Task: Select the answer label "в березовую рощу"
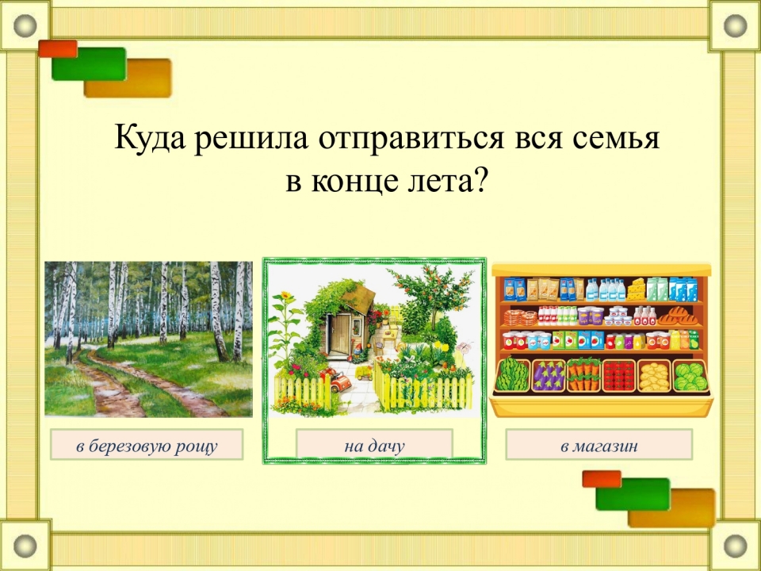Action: (x=147, y=445)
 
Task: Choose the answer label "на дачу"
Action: (x=374, y=445)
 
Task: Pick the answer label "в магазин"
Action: (x=599, y=445)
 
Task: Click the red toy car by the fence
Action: (x=340, y=380)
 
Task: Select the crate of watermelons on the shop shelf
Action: (x=513, y=375)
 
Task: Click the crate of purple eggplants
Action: (x=549, y=376)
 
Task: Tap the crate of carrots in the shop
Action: (x=584, y=375)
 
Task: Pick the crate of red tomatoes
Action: (x=619, y=376)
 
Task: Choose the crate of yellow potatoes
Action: (x=654, y=376)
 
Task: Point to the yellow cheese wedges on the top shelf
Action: (x=636, y=289)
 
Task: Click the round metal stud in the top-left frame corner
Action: (x=25, y=25)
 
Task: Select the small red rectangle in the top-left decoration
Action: (x=58, y=48)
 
